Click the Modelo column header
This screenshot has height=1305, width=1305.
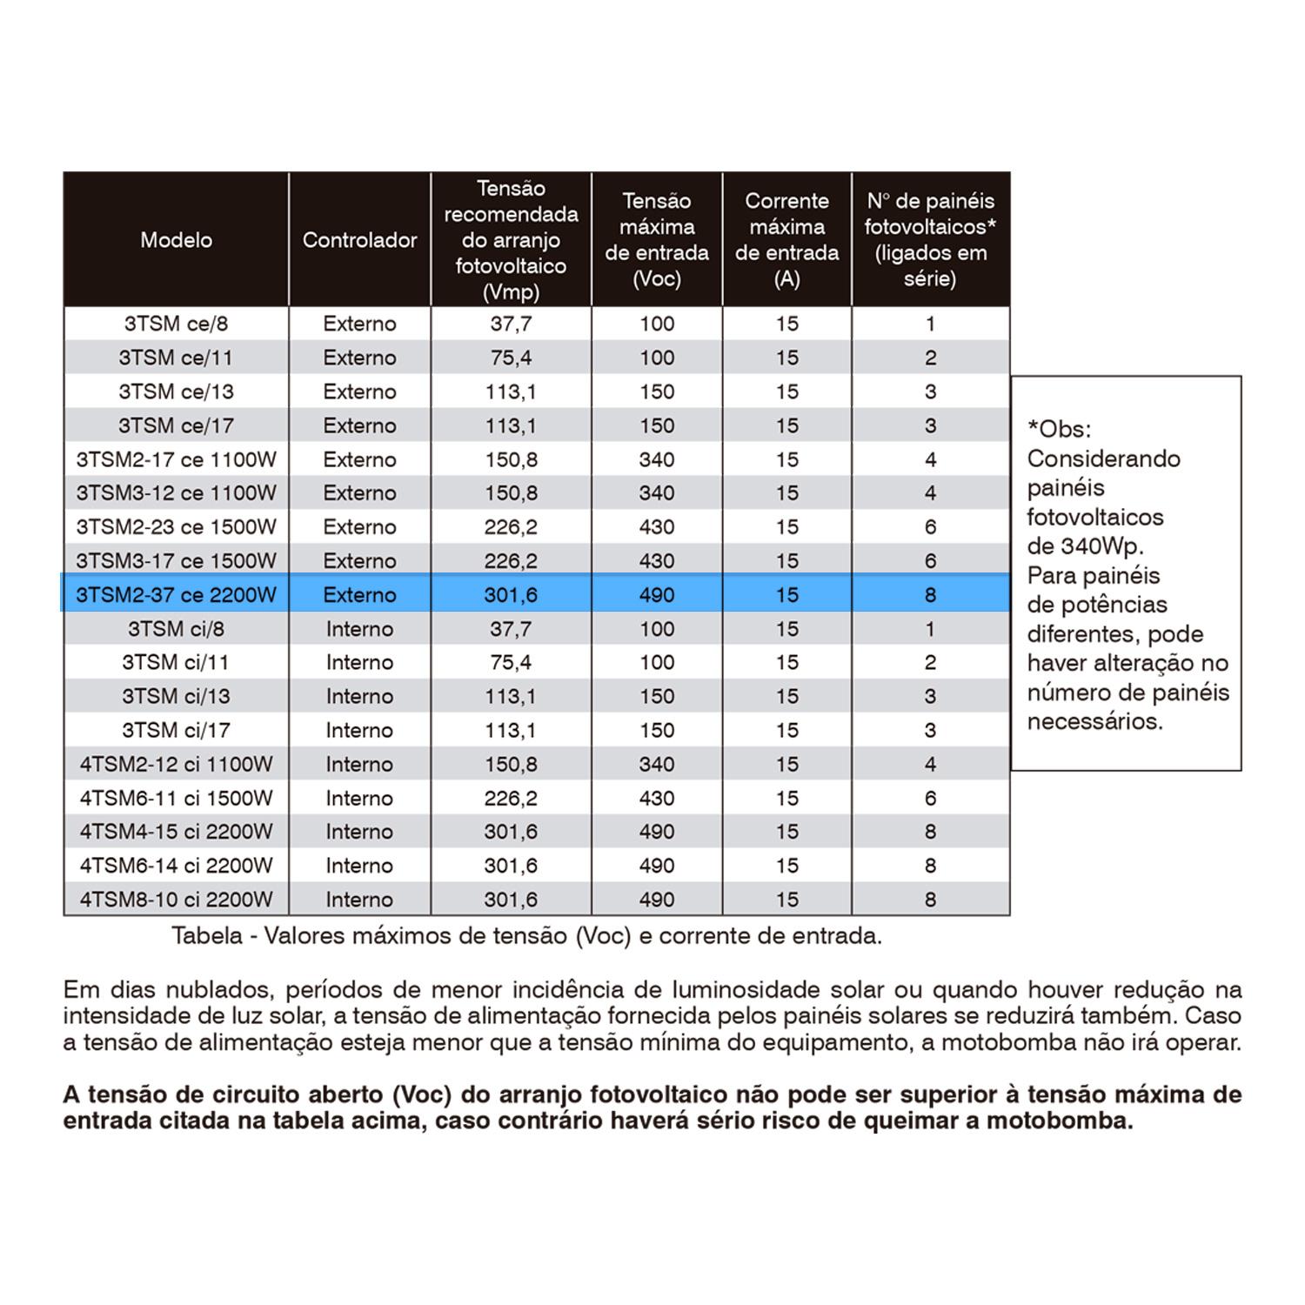coord(176,240)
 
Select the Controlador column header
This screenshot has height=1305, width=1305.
coord(359,240)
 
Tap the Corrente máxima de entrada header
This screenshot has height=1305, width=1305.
coord(786,240)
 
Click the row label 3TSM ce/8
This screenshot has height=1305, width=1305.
coord(176,324)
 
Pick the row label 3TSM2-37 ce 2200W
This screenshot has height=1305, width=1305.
coord(176,595)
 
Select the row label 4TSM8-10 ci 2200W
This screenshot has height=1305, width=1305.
coord(176,900)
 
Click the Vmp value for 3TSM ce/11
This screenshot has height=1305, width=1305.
coord(511,358)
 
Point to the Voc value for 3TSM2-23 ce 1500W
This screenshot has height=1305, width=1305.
coord(657,527)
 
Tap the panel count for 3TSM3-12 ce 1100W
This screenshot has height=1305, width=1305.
coord(930,493)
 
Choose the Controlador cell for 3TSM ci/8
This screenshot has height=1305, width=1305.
coord(359,629)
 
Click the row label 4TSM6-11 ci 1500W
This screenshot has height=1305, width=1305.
coord(176,798)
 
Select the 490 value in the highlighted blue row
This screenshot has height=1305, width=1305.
coord(657,595)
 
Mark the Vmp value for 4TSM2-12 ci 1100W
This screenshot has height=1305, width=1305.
coord(511,764)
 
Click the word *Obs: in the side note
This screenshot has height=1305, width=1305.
coord(1059,429)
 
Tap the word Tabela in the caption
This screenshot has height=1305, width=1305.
coord(207,936)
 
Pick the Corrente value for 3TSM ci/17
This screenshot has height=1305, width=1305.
coord(786,730)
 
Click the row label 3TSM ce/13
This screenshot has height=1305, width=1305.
coord(176,391)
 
